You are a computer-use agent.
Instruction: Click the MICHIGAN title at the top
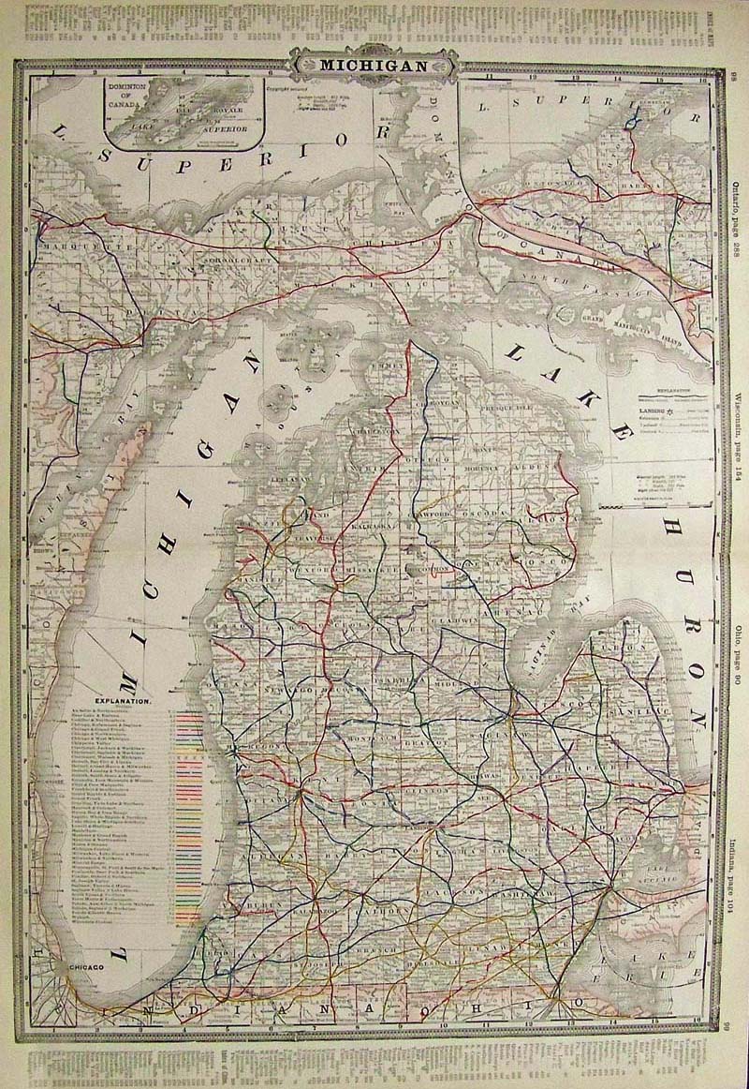pyautogui.click(x=374, y=66)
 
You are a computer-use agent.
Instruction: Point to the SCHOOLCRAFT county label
pyautogui.click(x=233, y=252)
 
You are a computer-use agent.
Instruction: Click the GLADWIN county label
pyautogui.click(x=456, y=619)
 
